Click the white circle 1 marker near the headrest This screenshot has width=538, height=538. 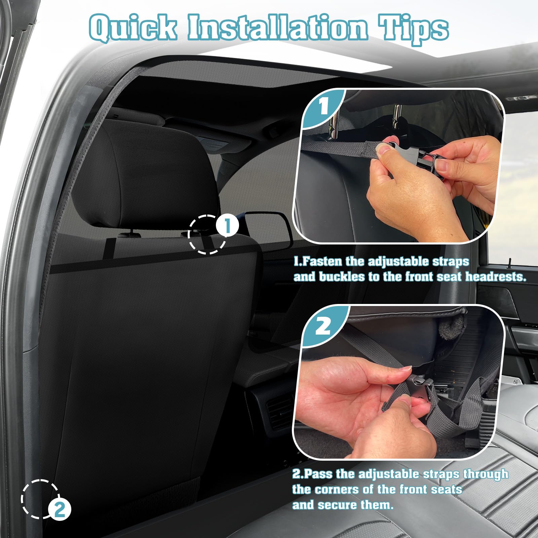point(227,226)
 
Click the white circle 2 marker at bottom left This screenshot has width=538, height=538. point(60,510)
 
